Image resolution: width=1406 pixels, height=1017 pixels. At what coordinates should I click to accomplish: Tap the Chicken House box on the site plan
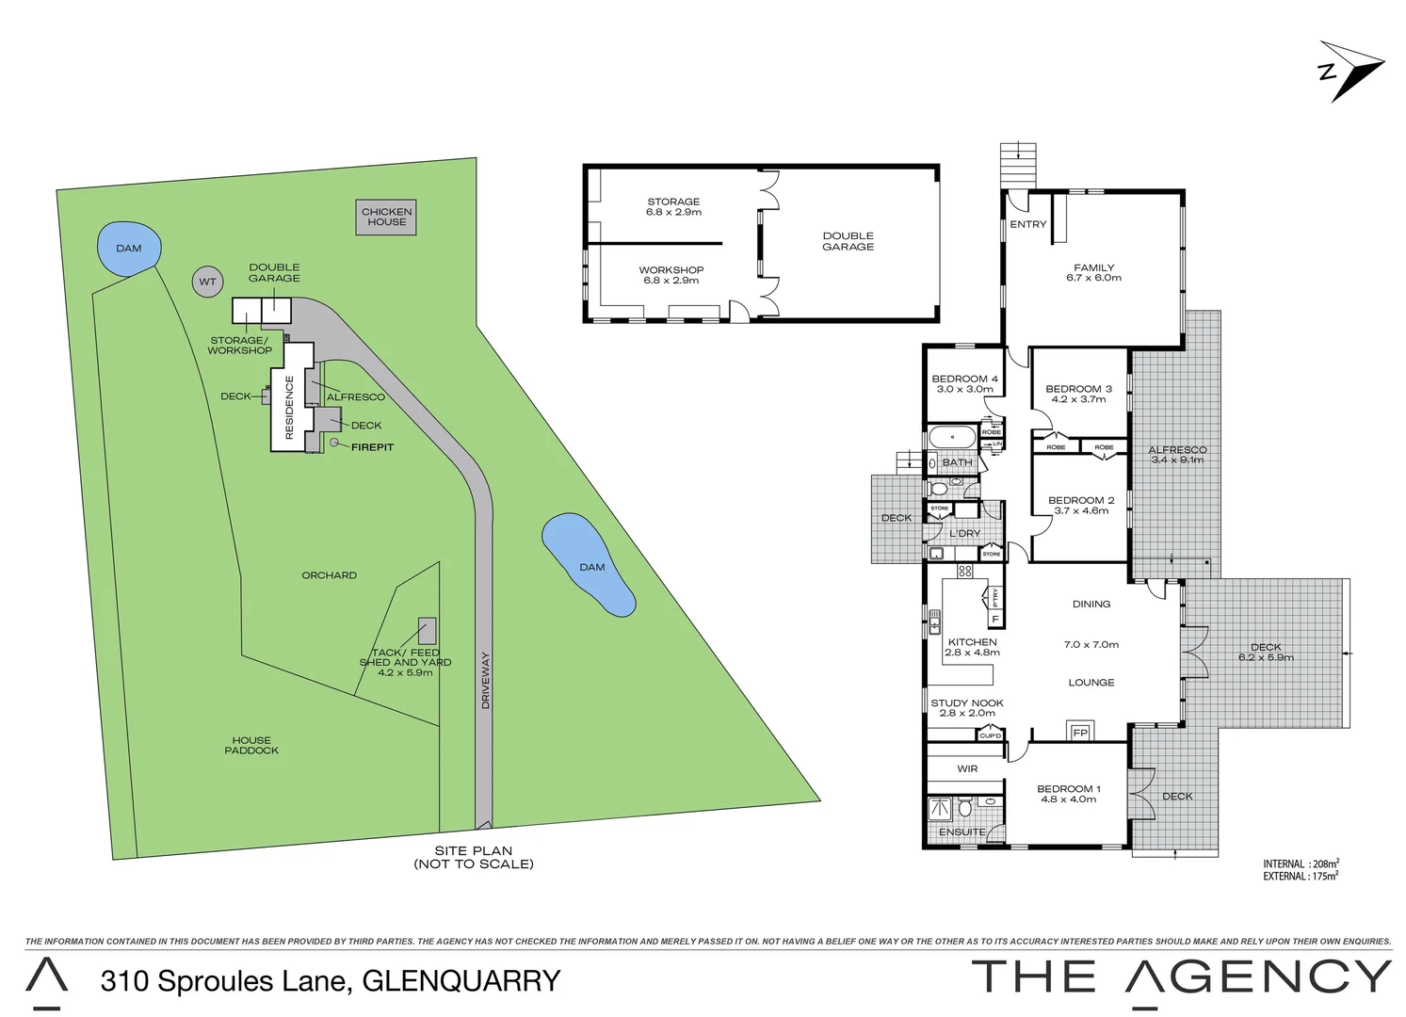tap(386, 217)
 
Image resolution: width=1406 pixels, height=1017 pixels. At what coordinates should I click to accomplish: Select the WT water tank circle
tap(207, 282)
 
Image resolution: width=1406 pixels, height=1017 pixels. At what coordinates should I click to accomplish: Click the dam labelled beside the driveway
tap(590, 565)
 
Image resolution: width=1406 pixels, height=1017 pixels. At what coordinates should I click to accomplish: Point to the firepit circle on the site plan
tap(333, 443)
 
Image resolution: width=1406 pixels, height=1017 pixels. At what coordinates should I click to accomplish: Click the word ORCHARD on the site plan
tap(329, 574)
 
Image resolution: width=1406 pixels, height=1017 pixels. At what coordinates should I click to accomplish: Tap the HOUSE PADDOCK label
tap(251, 745)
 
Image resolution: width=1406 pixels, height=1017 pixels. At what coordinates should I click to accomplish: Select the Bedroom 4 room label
tap(964, 379)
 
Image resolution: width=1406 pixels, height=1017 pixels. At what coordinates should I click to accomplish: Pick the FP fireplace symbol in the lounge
tap(1079, 732)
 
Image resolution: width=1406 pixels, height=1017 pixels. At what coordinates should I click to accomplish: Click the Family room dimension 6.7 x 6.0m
tap(1093, 278)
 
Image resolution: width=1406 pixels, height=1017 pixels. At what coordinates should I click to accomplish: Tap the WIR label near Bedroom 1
tap(967, 768)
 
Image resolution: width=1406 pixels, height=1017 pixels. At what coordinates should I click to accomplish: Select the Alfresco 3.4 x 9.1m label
tap(1177, 455)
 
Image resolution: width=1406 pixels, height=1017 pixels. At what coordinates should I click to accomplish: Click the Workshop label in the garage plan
tap(671, 270)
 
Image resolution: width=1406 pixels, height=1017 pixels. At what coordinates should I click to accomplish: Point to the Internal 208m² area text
tap(1301, 863)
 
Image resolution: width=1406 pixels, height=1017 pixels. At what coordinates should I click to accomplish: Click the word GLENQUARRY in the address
tap(461, 980)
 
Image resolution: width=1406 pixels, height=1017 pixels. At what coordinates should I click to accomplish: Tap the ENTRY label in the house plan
tap(1027, 224)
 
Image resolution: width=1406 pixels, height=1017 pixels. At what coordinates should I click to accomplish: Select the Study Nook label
tap(966, 702)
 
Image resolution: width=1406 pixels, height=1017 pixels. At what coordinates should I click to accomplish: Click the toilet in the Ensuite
tap(964, 808)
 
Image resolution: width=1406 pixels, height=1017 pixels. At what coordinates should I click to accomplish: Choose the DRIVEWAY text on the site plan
tap(486, 680)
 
